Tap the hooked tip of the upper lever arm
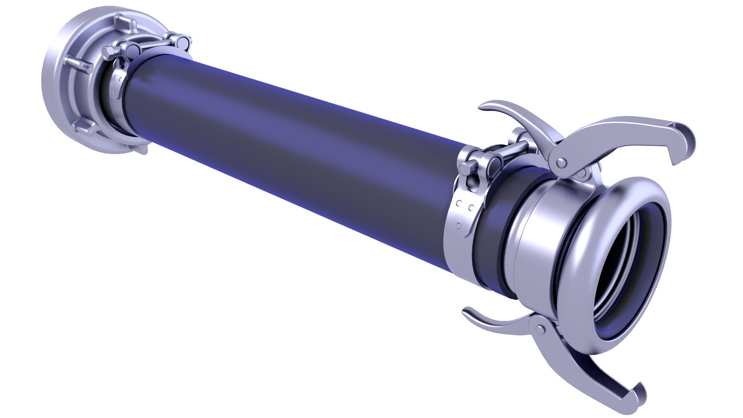pos(684,141)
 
